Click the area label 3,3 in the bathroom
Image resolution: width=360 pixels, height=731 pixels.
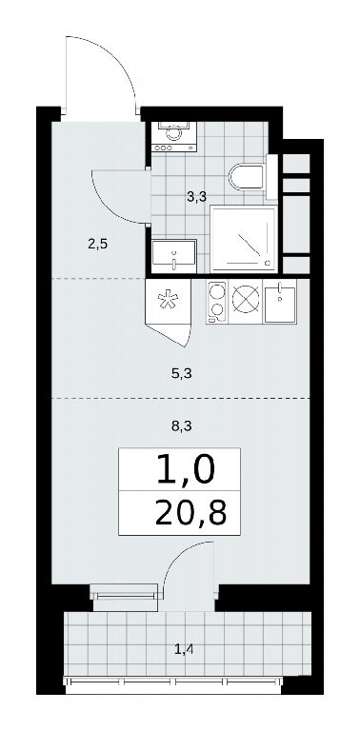coord(196,198)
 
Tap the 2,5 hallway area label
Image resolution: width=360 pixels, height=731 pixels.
coord(98,244)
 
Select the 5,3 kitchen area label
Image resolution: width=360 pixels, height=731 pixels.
coord(182,373)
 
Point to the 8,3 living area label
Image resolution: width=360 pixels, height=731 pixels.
coord(182,425)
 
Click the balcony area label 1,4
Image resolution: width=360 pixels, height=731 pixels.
coord(184,648)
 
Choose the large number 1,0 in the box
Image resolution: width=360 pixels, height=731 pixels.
coord(187,469)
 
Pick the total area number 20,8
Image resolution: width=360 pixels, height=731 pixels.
coord(191,513)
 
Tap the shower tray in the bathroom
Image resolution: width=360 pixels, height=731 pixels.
coord(244,239)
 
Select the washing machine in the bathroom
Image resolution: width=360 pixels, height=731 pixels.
coord(174,136)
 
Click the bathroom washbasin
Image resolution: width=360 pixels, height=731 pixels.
coord(174,256)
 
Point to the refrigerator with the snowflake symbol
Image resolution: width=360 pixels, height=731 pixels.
coord(169,301)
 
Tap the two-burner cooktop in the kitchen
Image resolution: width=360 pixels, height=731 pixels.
coord(217,302)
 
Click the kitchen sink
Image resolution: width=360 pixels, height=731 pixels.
coord(280,303)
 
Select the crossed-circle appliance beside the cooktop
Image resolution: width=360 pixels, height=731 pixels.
coord(246,302)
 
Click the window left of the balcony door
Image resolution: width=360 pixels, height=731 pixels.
coord(125,595)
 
